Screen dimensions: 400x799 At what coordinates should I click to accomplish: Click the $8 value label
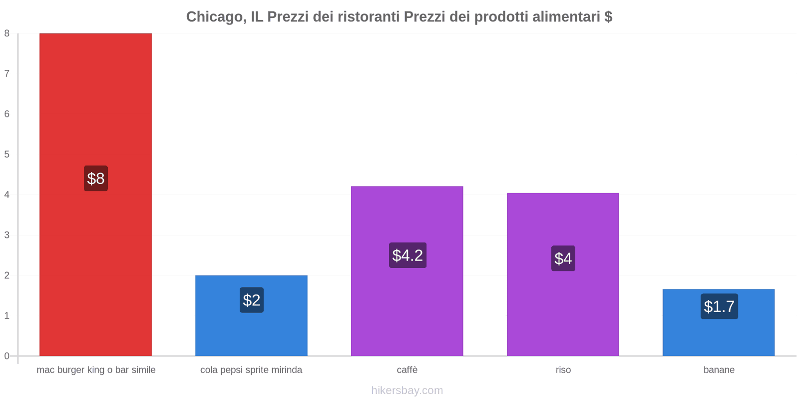coord(96,178)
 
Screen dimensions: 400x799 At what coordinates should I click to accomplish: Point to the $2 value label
coord(252,300)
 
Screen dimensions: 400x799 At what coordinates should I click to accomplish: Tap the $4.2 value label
coord(407,255)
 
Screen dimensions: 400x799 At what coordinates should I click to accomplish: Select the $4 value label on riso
coord(563,258)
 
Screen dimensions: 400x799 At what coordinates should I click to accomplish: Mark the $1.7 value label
coord(719,306)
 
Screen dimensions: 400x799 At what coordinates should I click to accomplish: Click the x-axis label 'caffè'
coord(407,370)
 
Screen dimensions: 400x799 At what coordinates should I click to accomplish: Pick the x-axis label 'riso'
coord(563,370)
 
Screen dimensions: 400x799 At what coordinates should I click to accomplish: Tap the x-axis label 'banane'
coord(719,370)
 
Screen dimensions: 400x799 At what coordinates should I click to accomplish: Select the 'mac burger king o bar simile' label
coord(96,370)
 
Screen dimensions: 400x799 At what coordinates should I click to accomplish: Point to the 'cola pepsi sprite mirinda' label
coord(251,370)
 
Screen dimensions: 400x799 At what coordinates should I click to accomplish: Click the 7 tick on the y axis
coord(7,73)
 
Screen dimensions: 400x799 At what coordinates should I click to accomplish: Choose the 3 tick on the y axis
coord(7,235)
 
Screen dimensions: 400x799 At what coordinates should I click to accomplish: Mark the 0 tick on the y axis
coord(7,356)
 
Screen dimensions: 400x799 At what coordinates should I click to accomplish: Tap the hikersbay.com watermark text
coord(407,390)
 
